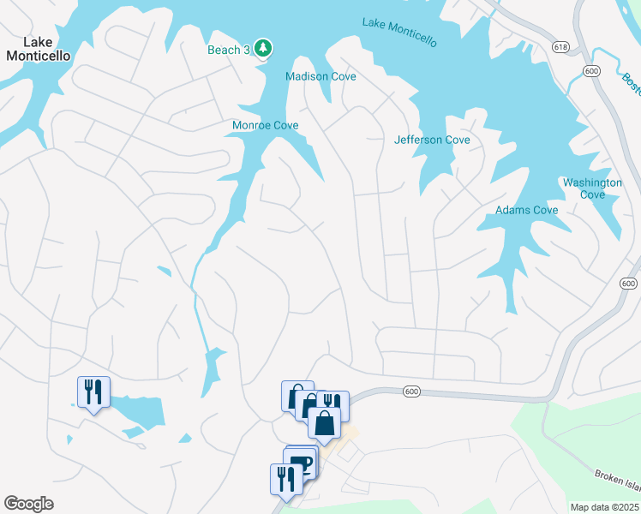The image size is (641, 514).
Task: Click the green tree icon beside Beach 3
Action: [x=263, y=50]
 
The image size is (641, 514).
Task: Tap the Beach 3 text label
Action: [x=229, y=50]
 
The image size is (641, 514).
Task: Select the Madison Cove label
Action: [x=320, y=76]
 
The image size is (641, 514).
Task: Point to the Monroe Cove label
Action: [x=265, y=125]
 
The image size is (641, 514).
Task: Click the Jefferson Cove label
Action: [x=432, y=140]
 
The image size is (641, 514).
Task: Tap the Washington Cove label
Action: [x=592, y=188]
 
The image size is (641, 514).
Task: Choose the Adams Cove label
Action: [x=526, y=210]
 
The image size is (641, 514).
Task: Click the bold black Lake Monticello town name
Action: [x=38, y=49]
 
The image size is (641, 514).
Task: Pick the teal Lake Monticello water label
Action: [x=399, y=33]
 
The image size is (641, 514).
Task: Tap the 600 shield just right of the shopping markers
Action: [x=411, y=391]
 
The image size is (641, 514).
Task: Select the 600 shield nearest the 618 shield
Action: [x=590, y=71]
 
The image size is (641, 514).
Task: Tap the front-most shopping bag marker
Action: [x=325, y=423]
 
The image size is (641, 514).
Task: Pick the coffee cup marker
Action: [x=301, y=463]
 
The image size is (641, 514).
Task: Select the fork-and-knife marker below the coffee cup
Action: [x=282, y=479]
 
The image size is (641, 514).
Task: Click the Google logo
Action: [x=28, y=504]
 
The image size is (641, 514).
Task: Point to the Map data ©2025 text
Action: [x=605, y=507]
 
